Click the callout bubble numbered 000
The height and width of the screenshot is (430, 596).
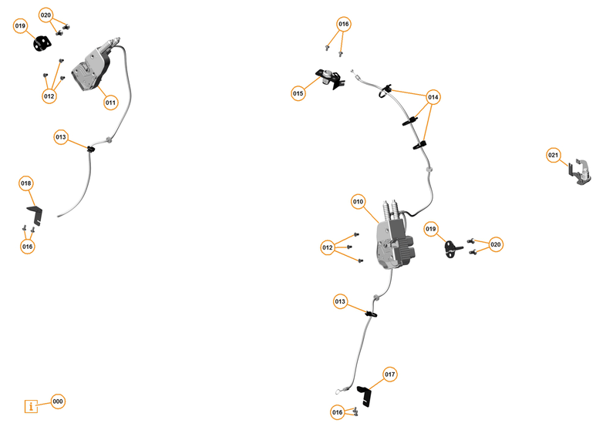[x=58, y=401]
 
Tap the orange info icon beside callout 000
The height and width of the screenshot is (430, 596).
[x=31, y=406]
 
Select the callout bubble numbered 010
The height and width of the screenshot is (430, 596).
[x=358, y=202]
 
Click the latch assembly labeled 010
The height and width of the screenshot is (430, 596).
[x=395, y=239]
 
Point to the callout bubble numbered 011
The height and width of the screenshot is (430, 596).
[x=110, y=102]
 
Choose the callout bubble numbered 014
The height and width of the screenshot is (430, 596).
[x=433, y=98]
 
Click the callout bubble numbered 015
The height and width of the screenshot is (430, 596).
[x=298, y=93]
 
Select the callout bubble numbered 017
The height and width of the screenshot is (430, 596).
[x=390, y=375]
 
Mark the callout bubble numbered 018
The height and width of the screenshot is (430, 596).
[x=26, y=183]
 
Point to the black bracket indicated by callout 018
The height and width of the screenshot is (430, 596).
[x=35, y=215]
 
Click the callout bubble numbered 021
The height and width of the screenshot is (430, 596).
[x=554, y=154]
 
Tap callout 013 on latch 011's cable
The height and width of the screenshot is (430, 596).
[x=61, y=136]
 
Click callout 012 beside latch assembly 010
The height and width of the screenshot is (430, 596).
[x=328, y=247]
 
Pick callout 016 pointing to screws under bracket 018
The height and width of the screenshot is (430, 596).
[x=28, y=247]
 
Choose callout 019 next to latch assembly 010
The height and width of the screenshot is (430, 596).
[x=430, y=229]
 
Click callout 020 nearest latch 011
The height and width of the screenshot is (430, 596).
[x=46, y=15]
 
